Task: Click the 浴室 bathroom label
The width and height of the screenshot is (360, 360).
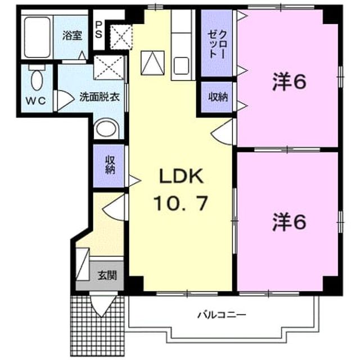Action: [x=73, y=36]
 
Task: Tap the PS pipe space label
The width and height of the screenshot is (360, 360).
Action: [x=99, y=30]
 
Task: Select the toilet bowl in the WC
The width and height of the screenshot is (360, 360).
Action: [x=37, y=79]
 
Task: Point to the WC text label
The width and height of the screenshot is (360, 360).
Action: [x=35, y=101]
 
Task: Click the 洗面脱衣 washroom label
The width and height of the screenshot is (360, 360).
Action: [x=100, y=97]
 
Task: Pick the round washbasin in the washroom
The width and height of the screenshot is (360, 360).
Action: [x=106, y=129]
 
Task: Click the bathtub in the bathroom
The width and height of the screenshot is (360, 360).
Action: [x=38, y=37]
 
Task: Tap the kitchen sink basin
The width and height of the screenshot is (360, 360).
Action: [x=181, y=66]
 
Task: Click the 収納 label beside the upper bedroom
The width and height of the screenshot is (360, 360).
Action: [x=218, y=97]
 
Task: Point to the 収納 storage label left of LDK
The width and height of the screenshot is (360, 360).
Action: [x=110, y=165]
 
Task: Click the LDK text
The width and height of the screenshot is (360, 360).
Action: [x=181, y=176]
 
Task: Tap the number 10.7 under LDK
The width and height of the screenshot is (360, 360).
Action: [x=181, y=203]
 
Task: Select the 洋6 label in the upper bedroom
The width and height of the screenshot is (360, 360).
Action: [x=289, y=82]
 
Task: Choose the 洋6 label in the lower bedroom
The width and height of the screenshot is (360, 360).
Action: [x=289, y=222]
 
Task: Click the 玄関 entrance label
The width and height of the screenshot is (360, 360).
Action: [x=107, y=275]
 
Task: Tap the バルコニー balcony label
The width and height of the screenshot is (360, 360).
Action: [x=222, y=314]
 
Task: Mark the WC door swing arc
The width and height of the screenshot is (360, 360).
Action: [x=65, y=100]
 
